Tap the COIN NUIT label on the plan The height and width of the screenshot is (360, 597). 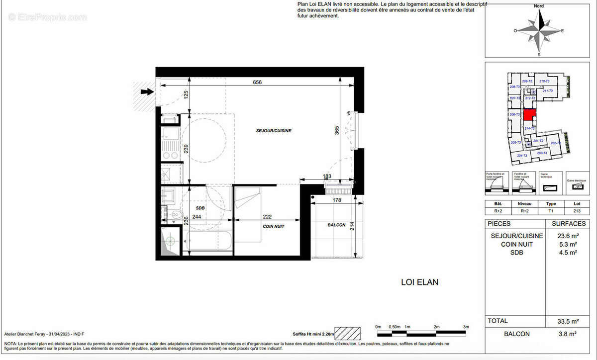click(x=273, y=226)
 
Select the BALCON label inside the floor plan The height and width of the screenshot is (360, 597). click(x=337, y=225)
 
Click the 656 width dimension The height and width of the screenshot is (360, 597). click(x=257, y=83)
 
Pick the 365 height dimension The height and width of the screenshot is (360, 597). click(x=337, y=130)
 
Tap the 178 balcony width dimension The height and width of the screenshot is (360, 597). click(x=337, y=200)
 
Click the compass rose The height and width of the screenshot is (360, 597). click(x=539, y=31)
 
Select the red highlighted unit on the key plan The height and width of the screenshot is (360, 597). click(x=530, y=116)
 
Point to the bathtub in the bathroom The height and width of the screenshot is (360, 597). click(x=208, y=242)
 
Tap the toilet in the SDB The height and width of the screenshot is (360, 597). click(x=175, y=215)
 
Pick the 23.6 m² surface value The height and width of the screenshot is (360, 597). click(x=567, y=236)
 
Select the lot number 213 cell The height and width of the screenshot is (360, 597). click(x=577, y=211)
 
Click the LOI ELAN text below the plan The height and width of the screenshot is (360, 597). click(x=419, y=282)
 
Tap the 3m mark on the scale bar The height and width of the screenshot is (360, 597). click(x=467, y=327)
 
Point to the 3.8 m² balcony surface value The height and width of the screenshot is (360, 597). click(x=568, y=334)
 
